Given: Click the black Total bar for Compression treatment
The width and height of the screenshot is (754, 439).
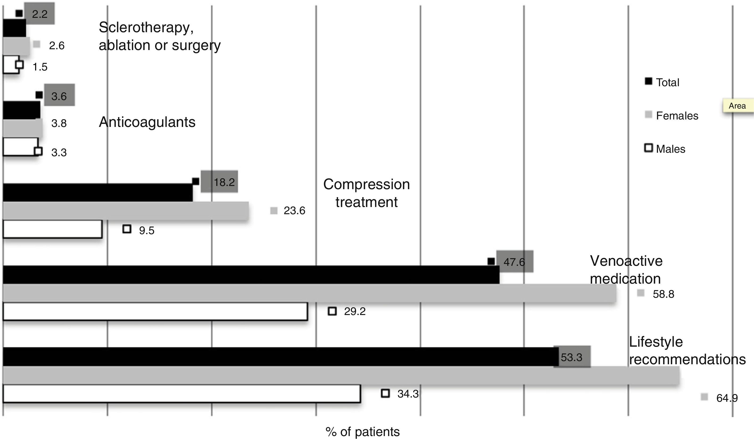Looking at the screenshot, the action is click(98, 192).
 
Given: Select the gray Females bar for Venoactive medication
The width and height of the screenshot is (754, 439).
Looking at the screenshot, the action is click(309, 293).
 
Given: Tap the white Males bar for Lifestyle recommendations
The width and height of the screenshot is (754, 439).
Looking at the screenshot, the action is click(182, 394).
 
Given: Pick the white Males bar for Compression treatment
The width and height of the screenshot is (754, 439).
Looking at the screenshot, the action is click(52, 229).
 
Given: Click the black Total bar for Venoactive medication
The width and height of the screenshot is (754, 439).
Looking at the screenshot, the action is click(251, 274).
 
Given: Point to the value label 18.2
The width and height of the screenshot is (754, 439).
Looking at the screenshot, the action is click(224, 182).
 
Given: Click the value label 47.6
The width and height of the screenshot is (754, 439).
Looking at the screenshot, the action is click(514, 262).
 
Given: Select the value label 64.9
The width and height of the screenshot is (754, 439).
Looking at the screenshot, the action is click(727, 398).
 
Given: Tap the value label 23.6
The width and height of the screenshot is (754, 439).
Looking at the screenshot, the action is click(294, 211).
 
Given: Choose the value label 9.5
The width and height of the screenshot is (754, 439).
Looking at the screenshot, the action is click(147, 230).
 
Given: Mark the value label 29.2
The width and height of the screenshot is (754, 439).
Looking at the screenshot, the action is click(355, 312).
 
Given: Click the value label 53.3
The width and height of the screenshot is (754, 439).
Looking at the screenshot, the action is click(571, 357).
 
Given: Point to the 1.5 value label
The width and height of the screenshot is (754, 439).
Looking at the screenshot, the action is click(40, 67).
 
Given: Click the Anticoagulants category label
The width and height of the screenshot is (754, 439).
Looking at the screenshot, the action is click(147, 122).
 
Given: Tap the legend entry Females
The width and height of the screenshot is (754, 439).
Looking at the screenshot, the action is click(677, 115).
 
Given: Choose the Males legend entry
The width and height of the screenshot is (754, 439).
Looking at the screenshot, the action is click(670, 149).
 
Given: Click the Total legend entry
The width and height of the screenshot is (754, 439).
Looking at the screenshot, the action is click(667, 82).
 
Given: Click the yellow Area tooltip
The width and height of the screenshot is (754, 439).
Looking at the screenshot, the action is click(738, 106).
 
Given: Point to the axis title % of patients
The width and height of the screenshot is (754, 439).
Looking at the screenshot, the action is click(362, 432).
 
